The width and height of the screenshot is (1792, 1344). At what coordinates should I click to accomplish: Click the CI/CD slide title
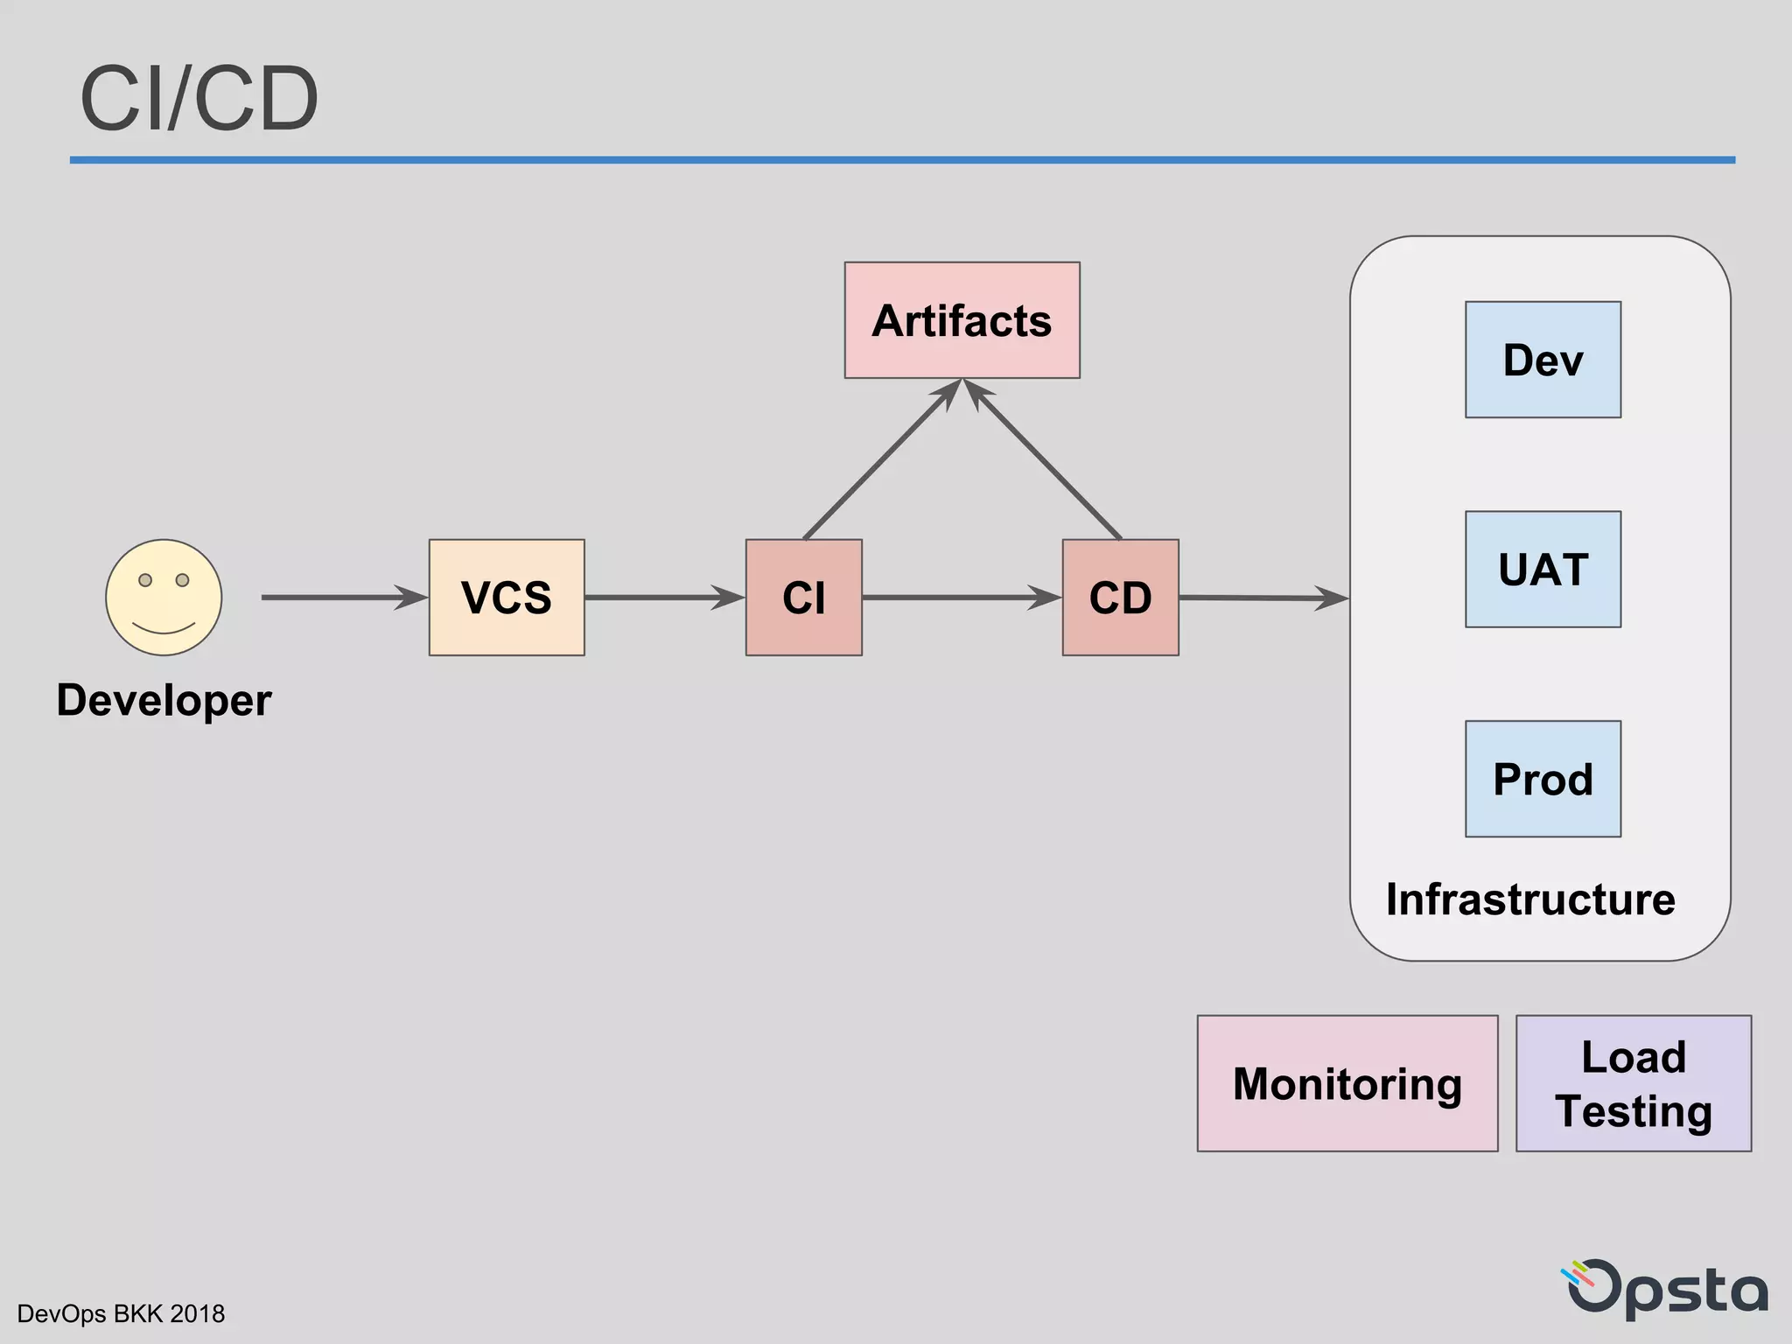point(199,99)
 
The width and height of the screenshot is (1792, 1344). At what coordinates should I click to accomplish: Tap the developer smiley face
point(164,597)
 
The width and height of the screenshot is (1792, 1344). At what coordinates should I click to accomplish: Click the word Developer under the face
point(164,700)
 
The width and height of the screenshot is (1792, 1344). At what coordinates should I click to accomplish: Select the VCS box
point(507,598)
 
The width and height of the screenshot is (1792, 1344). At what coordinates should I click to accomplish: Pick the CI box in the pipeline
point(803,598)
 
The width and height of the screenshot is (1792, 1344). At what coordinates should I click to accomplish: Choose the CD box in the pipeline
point(1120,598)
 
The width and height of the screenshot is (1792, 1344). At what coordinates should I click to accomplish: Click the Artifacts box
point(962,320)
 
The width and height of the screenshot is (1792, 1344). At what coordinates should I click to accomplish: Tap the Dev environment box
point(1543,360)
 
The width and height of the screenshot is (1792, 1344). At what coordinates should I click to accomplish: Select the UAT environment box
point(1543,569)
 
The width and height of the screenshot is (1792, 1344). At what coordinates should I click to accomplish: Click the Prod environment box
point(1543,779)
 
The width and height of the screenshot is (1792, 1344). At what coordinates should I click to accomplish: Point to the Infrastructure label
point(1530,899)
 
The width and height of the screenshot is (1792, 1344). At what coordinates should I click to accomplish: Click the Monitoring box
point(1347,1083)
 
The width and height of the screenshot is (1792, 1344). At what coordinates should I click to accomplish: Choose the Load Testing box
point(1633,1083)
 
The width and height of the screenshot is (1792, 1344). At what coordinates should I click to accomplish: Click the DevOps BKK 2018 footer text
point(121,1313)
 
